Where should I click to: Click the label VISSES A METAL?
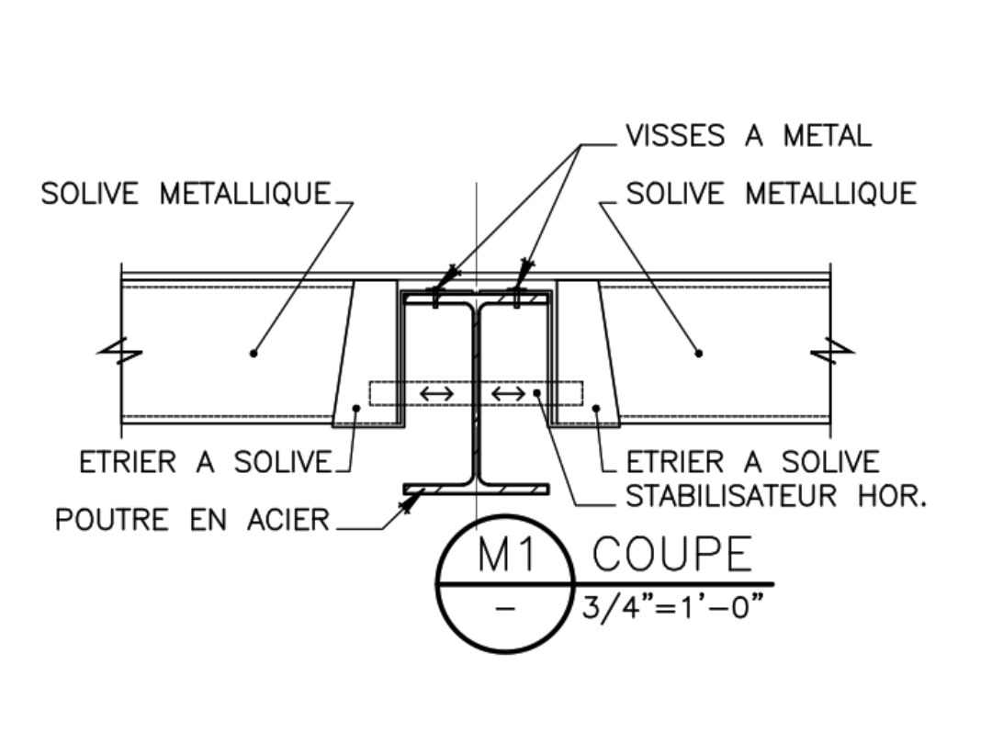748,137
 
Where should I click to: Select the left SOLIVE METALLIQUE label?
185,194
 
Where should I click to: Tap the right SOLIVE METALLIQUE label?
771,194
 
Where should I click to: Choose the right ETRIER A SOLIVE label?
752,461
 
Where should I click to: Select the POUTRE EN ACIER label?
191,520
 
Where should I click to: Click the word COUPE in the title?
671,555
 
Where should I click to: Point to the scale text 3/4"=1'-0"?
673,607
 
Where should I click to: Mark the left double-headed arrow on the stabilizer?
436,394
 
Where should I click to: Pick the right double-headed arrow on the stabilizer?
508,394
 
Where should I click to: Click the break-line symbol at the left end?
121,351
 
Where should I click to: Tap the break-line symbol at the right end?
831,351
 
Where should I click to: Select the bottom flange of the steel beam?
476,489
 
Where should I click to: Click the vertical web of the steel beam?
476,386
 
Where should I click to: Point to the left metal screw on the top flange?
435,296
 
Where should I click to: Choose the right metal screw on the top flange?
516,296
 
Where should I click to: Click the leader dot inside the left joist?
254,353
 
